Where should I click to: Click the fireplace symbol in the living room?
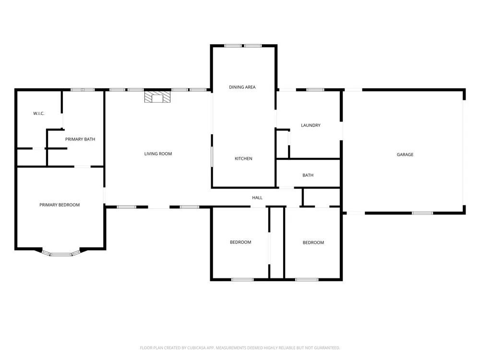point(157,97)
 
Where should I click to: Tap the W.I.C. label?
point(39,114)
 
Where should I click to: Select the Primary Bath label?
point(80,139)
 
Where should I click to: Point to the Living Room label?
point(158,154)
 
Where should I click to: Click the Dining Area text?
point(242,87)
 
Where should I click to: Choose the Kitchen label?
point(243,158)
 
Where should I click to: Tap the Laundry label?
point(311,125)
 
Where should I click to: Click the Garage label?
point(405,155)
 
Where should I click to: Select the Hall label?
point(257,198)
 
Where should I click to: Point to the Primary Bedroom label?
point(60,205)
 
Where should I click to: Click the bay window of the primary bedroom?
point(61,254)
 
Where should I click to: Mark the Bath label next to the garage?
point(308,175)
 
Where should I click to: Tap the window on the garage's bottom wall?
point(422,213)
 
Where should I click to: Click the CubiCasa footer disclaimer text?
point(240,348)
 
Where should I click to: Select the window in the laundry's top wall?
point(315,90)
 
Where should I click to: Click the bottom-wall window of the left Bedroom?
point(242,279)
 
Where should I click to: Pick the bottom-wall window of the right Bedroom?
point(307,279)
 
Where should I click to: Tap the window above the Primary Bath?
point(83,90)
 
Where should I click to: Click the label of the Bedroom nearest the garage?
point(313,243)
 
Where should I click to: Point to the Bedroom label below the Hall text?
point(240,242)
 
